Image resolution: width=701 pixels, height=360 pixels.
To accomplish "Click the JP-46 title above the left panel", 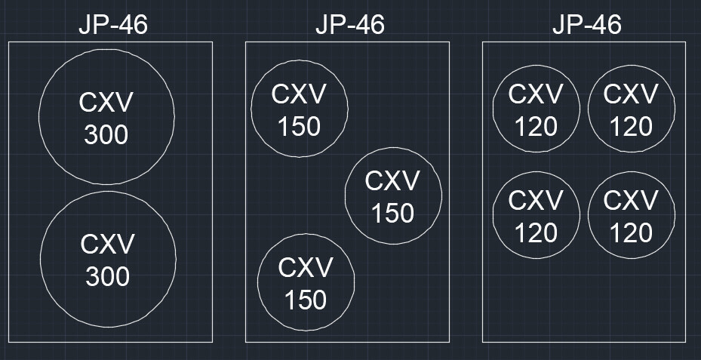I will coord(112,24).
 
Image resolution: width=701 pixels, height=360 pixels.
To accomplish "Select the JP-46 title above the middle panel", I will coord(349,24).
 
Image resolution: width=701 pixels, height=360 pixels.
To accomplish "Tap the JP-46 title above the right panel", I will coord(586,24).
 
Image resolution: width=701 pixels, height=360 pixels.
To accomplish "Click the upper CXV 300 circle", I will coord(106,117).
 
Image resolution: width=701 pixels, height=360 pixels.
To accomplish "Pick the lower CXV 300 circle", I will coord(108,259).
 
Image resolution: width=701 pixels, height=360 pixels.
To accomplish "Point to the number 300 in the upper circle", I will coord(106,135).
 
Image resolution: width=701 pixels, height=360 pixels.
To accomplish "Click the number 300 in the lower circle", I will coord(108,277).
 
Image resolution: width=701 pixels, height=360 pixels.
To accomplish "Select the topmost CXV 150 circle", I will coord(299,109).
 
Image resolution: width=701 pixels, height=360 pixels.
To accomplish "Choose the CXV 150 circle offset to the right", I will coord(393,196).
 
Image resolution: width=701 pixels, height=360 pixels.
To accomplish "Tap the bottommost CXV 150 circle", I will coord(306,282).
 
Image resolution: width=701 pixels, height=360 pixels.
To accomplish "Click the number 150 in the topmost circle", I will coord(299,127).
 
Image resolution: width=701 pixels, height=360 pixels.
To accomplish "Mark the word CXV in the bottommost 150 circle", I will coord(306,268).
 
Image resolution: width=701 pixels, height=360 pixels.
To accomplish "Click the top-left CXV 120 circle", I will coord(536,109).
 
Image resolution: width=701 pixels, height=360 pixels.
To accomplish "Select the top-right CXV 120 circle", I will coord(631,109).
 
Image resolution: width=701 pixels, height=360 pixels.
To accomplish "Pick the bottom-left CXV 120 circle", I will coord(536,215).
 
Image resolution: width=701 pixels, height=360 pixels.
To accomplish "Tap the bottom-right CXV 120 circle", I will coord(631,215).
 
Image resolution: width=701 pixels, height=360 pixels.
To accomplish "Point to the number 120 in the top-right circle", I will coord(631,126).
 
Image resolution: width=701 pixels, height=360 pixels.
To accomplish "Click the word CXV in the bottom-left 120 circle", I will coord(536,201).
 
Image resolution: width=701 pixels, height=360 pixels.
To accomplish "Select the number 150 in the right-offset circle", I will coord(393,214).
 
